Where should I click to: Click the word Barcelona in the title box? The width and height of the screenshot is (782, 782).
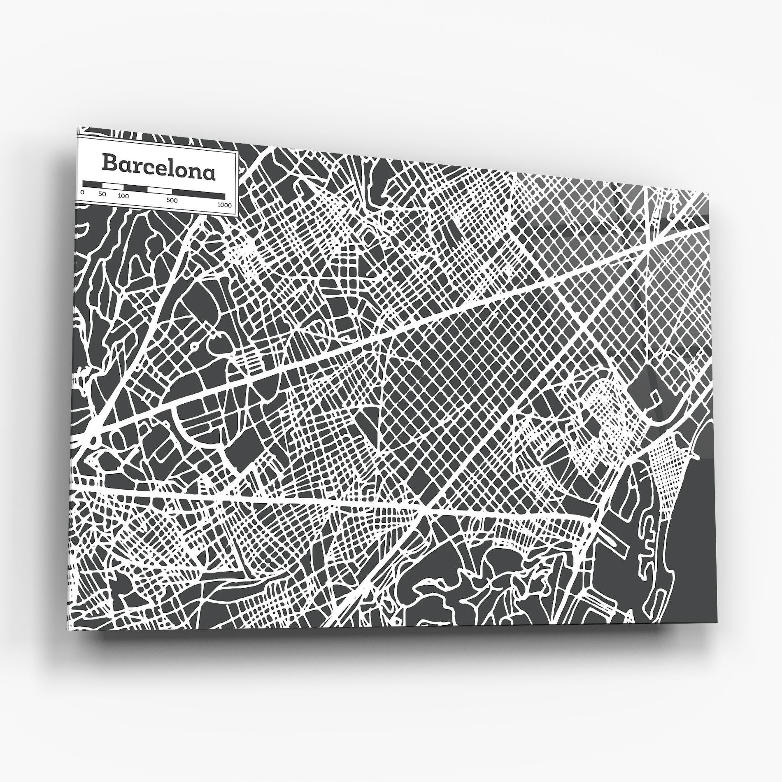click(158, 162)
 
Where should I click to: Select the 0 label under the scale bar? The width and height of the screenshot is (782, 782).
click(83, 192)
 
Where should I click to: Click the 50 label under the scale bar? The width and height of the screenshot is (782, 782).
click(102, 194)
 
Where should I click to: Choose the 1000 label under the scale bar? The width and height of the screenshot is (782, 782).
click(225, 205)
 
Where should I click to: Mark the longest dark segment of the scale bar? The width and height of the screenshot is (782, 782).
click(198, 195)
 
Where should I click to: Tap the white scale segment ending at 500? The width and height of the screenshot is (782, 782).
click(159, 191)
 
